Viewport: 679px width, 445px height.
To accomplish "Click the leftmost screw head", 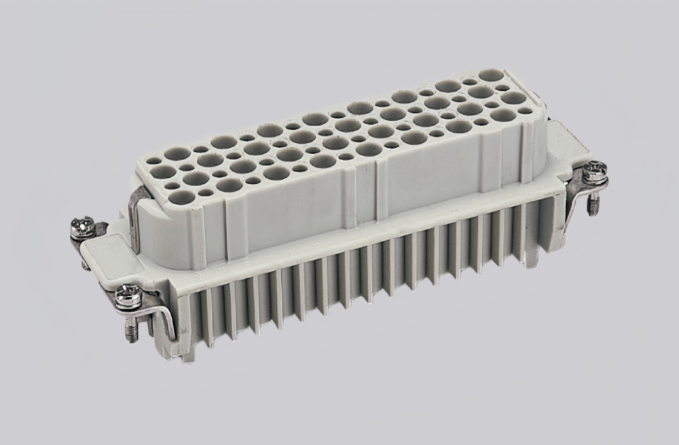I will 83,226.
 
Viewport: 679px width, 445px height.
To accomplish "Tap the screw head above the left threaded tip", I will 128,295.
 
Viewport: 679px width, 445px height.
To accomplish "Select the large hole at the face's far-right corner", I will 490,75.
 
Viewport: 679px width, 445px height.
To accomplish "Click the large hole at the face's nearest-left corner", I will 181,197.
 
